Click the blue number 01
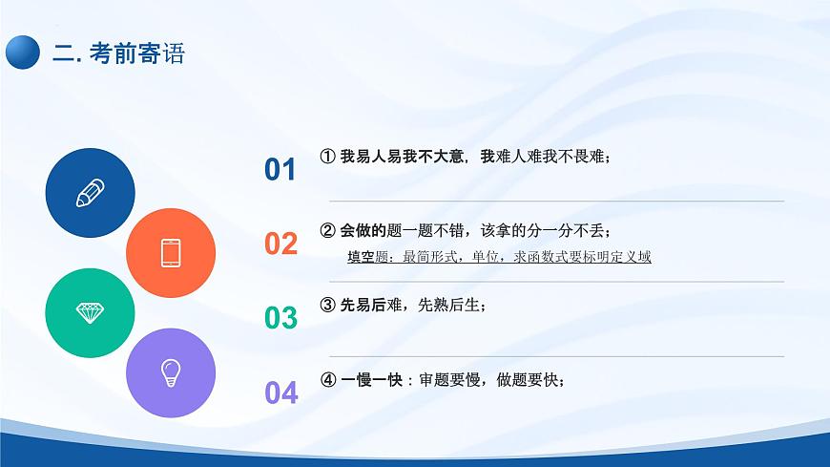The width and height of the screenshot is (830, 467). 280,170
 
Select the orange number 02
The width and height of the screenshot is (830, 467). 280,244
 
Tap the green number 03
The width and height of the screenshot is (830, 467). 280,318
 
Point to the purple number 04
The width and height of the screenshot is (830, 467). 280,392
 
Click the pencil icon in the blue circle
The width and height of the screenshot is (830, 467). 90,192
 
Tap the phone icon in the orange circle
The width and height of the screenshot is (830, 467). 171,252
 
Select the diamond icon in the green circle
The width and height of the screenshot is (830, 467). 90,312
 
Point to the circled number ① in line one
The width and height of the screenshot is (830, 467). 327,157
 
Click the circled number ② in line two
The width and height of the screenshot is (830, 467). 327,230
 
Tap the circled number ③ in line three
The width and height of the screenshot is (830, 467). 327,306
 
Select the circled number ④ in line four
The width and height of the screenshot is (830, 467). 327,379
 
